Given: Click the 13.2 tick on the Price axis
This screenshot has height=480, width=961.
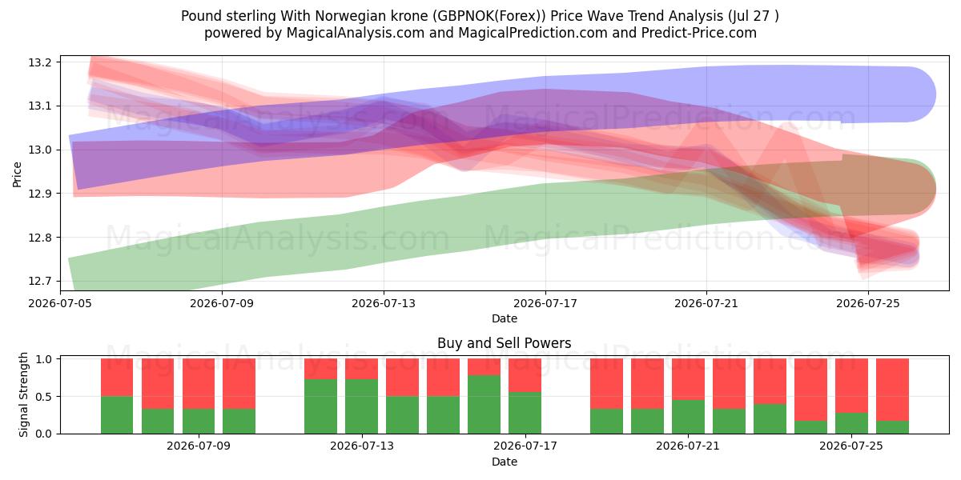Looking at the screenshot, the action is point(39,62).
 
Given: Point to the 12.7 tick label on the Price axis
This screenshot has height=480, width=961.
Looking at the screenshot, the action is point(39,281).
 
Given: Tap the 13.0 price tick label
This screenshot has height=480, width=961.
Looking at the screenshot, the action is point(39,150).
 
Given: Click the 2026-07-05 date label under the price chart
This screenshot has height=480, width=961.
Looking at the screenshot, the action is point(60,303).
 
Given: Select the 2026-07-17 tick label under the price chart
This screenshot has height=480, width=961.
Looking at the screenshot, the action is point(545,303).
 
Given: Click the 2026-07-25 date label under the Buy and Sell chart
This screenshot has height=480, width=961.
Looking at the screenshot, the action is point(851,446).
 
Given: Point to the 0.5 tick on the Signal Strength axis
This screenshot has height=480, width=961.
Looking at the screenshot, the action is point(43,397).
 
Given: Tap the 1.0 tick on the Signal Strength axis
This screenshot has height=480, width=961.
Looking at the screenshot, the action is point(43,359).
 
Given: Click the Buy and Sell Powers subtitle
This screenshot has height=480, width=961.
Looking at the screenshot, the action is point(504,343).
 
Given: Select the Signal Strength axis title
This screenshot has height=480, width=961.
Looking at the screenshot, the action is point(23,394).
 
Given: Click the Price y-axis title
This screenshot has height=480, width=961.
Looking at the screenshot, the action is point(17,174).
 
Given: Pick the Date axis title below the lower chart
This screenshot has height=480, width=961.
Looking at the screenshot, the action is point(505,462).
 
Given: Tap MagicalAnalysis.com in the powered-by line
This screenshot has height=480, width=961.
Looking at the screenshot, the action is point(356,33).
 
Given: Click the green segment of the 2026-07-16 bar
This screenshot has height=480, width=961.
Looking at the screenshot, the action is point(484,405).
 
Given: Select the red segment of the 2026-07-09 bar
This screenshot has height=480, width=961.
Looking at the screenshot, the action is point(239,383).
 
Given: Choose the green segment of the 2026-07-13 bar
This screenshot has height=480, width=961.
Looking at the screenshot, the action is point(362,406).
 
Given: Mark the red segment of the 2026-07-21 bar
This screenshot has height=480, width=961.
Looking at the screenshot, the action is point(688,379).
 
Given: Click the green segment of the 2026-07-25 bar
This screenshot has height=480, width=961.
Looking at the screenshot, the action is point(851,423).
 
